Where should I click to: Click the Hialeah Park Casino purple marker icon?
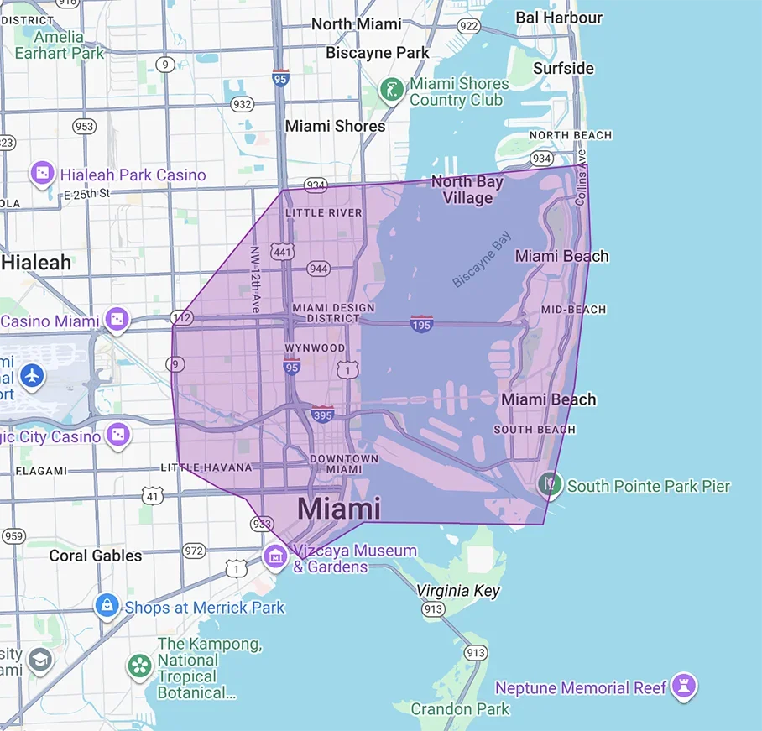[41, 174]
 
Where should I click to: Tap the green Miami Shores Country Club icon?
[391, 90]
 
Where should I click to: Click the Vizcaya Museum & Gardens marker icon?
[274, 556]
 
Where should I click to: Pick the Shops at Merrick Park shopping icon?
[106, 605]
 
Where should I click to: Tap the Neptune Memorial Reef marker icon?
[685, 687]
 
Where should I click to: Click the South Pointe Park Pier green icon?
[550, 483]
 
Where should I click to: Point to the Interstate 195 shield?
[421, 323]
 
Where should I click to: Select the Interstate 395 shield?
[323, 413]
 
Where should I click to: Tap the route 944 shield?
[318, 269]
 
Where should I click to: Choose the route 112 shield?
[180, 317]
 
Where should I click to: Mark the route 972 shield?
[194, 551]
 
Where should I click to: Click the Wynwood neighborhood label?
[315, 347]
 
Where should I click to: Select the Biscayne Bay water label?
[482, 261]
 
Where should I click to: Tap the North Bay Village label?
[467, 190]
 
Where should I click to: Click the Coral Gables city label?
[96, 556]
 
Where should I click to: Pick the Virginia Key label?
[458, 591]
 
